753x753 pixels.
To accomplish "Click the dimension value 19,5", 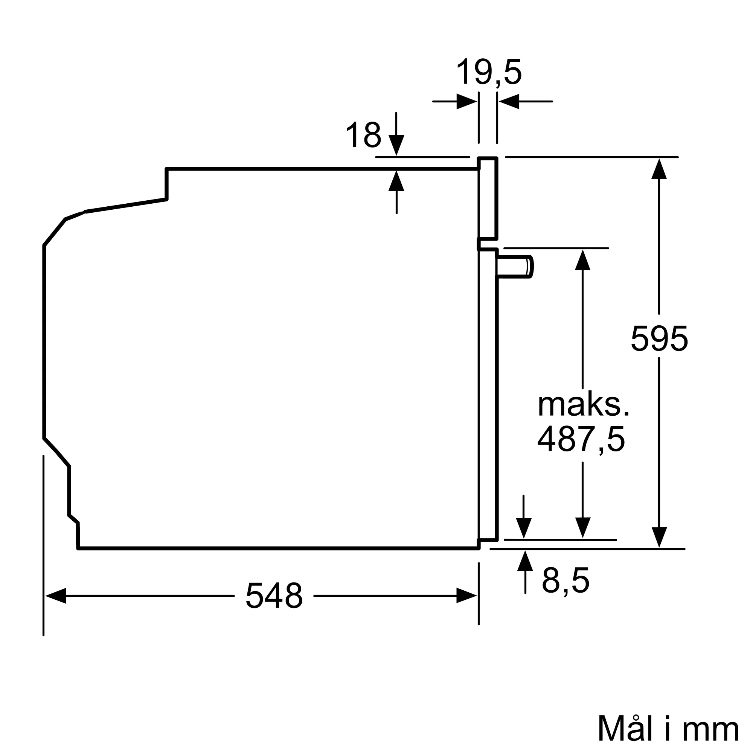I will click(x=489, y=73).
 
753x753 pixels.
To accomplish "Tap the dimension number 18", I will click(x=363, y=135).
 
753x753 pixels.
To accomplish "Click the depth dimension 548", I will click(x=274, y=596).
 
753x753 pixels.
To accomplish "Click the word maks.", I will click(x=584, y=405).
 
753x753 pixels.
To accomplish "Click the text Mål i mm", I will click(x=668, y=729).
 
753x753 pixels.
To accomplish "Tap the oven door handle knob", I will click(x=514, y=267).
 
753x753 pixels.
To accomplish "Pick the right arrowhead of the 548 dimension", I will click(x=466, y=596).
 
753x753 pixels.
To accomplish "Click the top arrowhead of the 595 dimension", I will click(x=659, y=168).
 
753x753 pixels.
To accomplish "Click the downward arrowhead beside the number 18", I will click(x=396, y=145).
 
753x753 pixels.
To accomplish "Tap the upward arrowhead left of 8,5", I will click(x=525, y=561).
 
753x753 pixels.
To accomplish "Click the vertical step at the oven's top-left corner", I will click(x=167, y=184).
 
